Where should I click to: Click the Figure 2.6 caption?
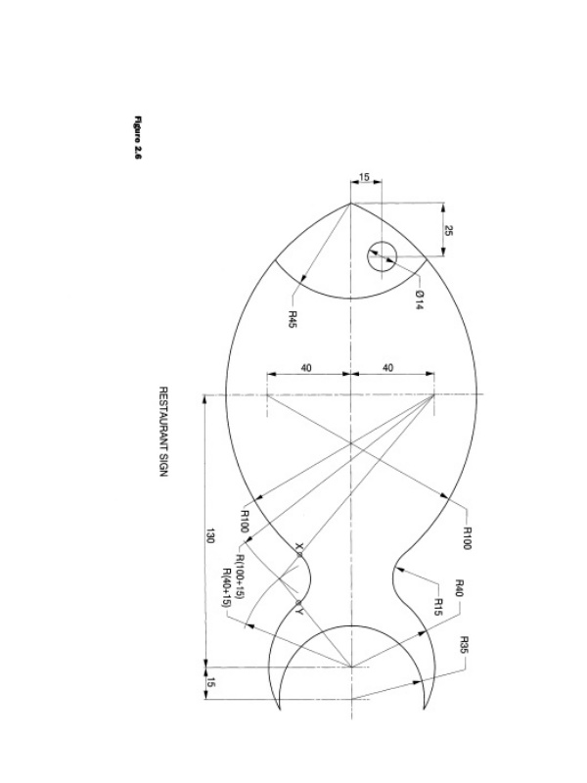[138, 138]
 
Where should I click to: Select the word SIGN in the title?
[164, 461]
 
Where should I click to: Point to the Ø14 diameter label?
[419, 298]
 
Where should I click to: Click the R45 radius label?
[293, 320]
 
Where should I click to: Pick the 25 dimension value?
[448, 231]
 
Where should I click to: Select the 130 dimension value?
[209, 536]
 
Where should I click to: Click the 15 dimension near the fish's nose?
[364, 178]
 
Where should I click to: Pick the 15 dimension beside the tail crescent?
[209, 683]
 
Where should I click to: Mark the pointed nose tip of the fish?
[350, 204]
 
